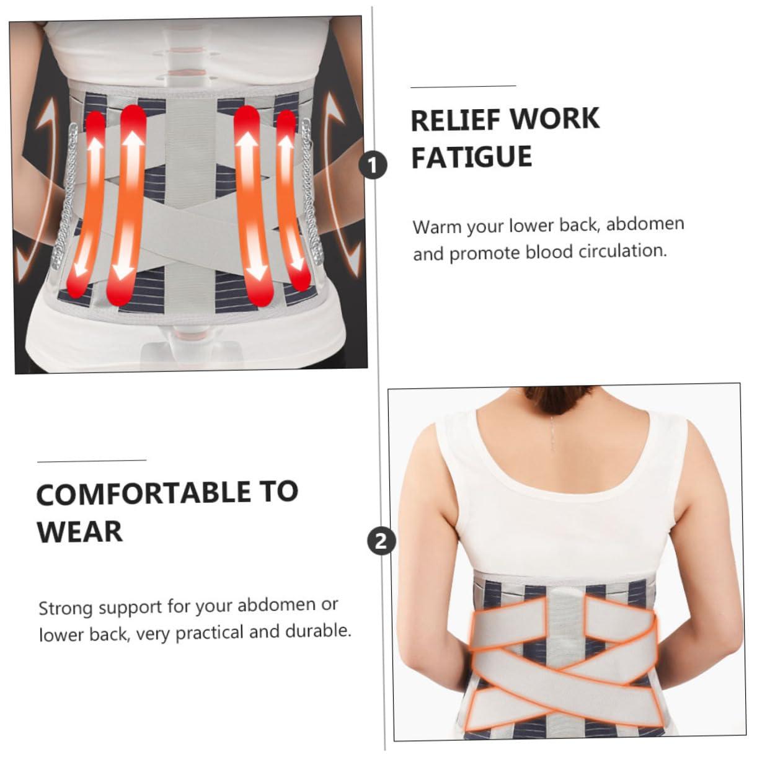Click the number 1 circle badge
(373, 166)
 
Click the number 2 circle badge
(381, 541)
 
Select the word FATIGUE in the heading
(471, 157)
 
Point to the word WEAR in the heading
(79, 532)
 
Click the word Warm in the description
(438, 226)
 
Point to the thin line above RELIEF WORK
(463, 86)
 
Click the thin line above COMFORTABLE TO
(91, 461)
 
